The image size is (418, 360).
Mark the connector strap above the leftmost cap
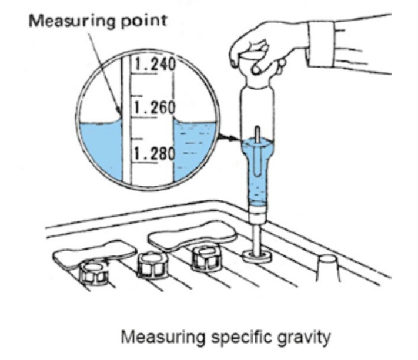pos(94,251)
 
